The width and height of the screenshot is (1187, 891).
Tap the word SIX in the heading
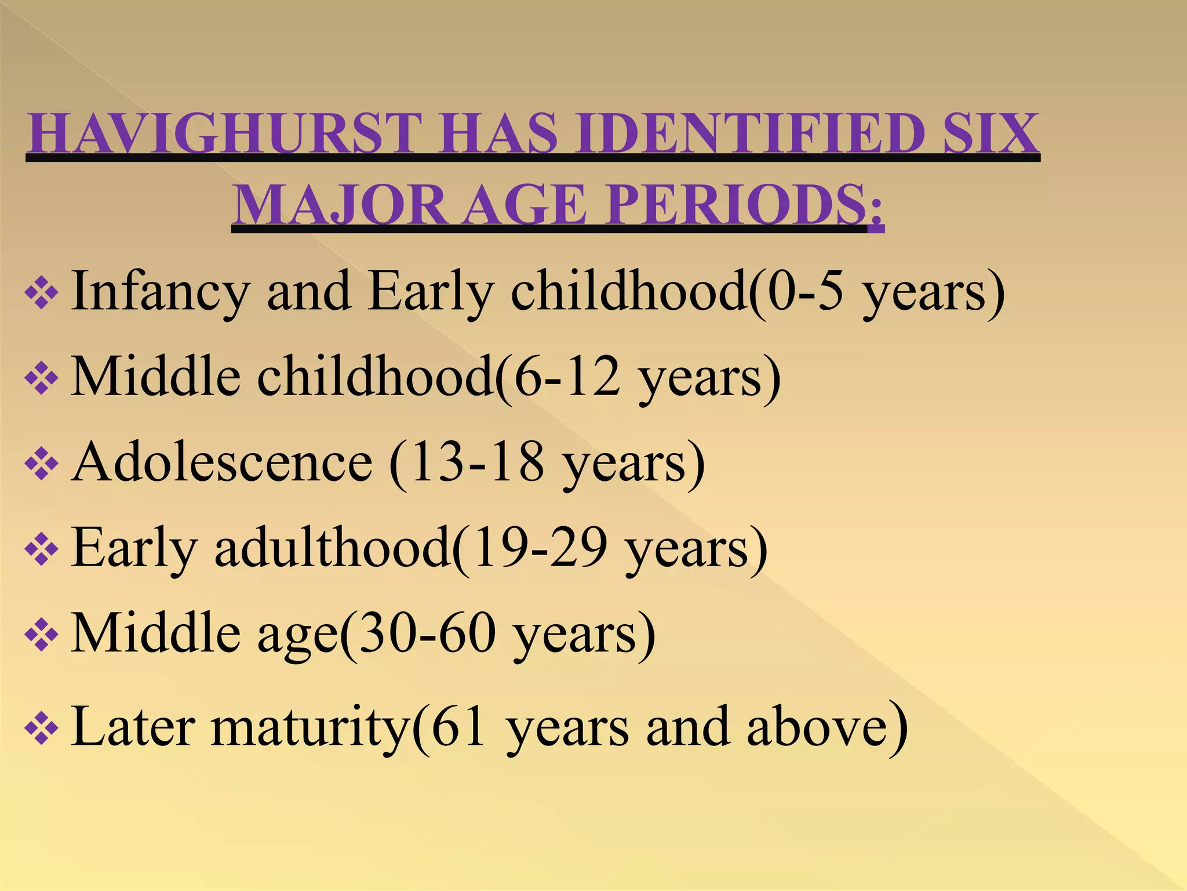point(991,134)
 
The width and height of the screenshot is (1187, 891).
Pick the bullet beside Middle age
point(42,635)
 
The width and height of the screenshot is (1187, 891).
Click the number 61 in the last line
point(458,726)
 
